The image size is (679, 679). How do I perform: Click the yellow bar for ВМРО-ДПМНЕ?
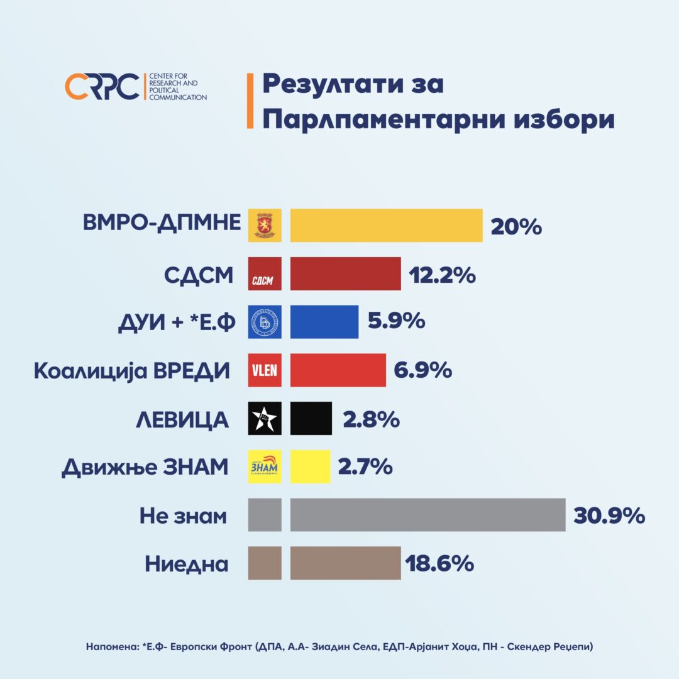386,225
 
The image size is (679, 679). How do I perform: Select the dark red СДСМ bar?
345,273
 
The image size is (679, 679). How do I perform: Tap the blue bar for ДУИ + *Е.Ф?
324,322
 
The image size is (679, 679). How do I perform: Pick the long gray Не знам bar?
428,515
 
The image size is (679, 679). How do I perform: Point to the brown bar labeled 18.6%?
345,563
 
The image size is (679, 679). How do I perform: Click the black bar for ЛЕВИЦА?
311,418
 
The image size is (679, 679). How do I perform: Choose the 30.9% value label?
609,516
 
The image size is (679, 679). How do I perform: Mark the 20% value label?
516,226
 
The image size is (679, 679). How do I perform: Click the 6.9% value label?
423,370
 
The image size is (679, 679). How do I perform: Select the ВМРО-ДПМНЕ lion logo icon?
265,225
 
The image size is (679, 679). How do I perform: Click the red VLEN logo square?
265,370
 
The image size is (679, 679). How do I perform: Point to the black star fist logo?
265,418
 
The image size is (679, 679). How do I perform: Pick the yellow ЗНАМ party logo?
265,466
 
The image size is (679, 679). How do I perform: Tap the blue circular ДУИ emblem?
265,322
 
